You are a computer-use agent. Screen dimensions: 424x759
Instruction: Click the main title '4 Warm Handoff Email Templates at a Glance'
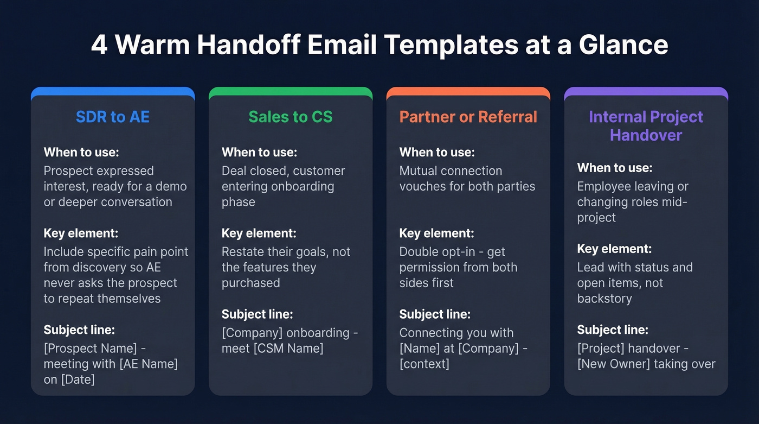[379, 45]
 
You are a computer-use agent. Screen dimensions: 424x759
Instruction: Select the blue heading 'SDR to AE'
[113, 117]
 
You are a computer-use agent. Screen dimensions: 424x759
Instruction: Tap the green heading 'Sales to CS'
[291, 117]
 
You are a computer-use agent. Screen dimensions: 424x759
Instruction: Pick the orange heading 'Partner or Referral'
[468, 117]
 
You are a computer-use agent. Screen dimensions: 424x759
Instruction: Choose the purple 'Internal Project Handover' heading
[646, 125]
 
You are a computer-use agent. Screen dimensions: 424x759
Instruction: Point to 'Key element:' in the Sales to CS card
[259, 233]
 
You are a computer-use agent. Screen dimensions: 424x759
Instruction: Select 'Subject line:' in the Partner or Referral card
[435, 314]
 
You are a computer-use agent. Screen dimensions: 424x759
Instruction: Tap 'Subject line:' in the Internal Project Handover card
[613, 330]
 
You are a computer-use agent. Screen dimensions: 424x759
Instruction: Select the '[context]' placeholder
[424, 364]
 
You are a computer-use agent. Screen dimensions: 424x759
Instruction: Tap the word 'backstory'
[604, 299]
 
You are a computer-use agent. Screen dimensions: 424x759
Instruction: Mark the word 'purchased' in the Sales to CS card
[251, 283]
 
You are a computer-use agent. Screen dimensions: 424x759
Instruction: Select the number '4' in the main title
[99, 45]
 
